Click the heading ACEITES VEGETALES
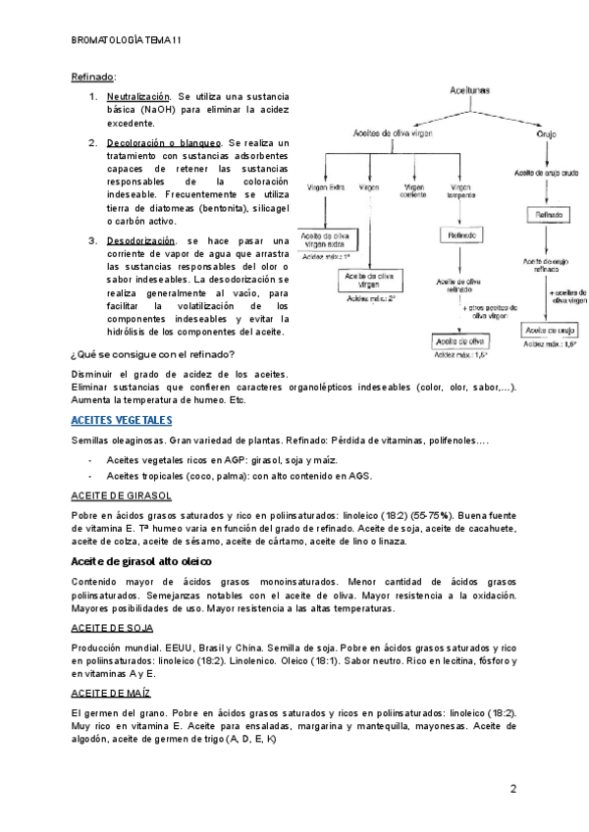point(122,420)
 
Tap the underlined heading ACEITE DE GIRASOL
point(123,495)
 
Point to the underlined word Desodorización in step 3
point(140,240)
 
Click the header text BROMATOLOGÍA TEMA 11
point(127,40)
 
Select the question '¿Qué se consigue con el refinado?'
point(153,354)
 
